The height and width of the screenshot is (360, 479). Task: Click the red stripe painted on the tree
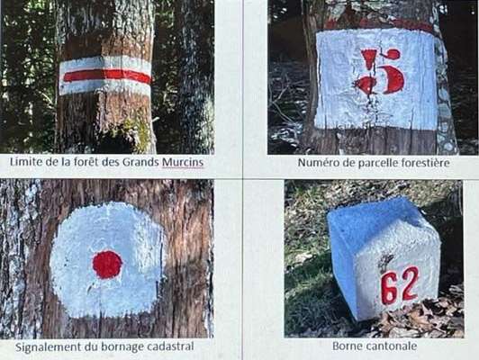[x=107, y=76]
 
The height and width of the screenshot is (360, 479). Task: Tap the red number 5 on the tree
[x=380, y=71]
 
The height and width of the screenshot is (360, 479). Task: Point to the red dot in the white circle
[x=107, y=265]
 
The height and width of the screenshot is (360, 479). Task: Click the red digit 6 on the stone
[x=390, y=289]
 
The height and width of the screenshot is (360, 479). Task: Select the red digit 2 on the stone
[x=410, y=283]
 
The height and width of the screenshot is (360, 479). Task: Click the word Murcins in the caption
[x=183, y=162]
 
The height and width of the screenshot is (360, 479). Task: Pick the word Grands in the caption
[x=140, y=162]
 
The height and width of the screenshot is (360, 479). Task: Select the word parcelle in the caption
[x=378, y=163]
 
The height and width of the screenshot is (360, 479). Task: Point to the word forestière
[x=425, y=163]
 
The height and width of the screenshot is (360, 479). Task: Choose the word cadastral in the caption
[x=170, y=346]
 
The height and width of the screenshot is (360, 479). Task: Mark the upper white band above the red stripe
[x=105, y=63]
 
